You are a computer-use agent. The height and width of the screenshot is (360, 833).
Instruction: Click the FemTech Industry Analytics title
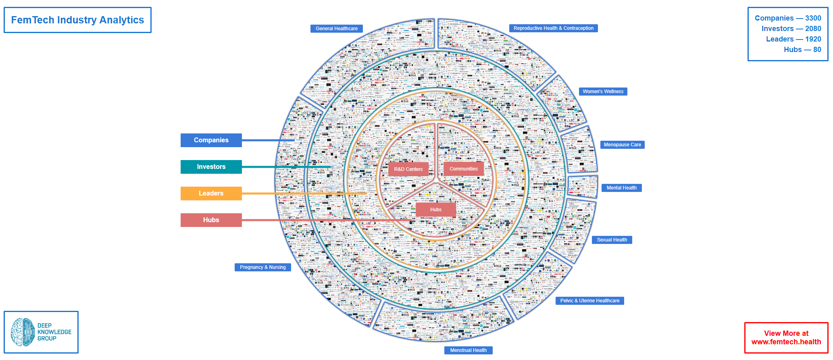click(x=77, y=20)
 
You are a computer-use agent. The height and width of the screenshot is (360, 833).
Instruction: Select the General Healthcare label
click(x=337, y=29)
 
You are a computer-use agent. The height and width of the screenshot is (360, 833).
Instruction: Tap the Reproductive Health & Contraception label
click(x=553, y=28)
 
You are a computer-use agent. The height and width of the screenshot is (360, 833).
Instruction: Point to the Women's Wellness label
click(x=603, y=92)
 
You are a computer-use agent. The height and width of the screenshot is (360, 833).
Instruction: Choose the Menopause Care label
click(x=622, y=145)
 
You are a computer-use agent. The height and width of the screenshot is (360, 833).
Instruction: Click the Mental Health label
click(x=621, y=188)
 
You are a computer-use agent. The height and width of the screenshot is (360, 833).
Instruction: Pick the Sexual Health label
click(x=612, y=240)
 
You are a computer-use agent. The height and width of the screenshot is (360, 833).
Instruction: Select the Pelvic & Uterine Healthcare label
click(x=589, y=301)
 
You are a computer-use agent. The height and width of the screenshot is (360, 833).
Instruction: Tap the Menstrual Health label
click(x=468, y=350)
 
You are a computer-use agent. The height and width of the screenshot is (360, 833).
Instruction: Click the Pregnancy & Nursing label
click(x=262, y=267)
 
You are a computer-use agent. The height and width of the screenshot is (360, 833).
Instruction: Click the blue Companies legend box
click(x=211, y=140)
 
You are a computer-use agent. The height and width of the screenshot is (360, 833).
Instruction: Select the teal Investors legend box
click(x=211, y=167)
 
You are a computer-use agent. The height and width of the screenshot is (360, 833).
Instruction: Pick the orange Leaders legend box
click(x=211, y=194)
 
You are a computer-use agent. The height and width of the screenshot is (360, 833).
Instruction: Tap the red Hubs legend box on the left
click(x=211, y=220)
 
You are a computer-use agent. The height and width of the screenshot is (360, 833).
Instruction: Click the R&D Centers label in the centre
click(x=408, y=169)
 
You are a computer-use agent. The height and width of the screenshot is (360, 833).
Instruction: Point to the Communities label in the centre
click(x=464, y=169)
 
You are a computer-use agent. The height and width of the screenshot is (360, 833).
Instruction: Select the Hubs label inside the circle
click(x=435, y=210)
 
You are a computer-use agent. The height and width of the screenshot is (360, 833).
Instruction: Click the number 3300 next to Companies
click(x=813, y=18)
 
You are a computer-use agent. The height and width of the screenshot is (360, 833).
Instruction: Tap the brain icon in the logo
click(x=23, y=332)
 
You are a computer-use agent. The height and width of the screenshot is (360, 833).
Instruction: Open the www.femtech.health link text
click(x=786, y=342)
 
